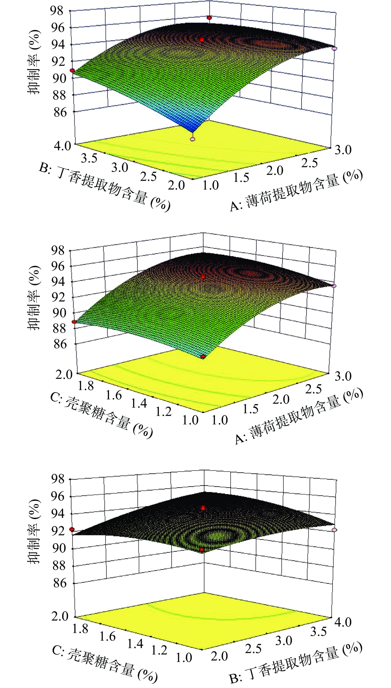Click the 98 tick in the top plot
[59, 11]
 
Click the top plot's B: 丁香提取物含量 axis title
[105, 187]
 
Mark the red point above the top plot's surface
[209, 18]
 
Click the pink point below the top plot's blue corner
[192, 139]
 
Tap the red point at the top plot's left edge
[72, 70]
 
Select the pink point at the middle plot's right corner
[334, 286]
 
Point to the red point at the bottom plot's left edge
[72, 529]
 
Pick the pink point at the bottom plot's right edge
[334, 530]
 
